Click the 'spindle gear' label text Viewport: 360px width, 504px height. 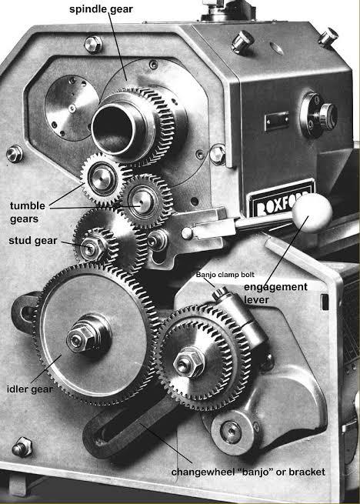[101, 9]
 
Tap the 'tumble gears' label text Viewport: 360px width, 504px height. [28, 212]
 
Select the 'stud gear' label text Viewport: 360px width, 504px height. [33, 240]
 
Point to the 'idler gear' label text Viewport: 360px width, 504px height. [30, 389]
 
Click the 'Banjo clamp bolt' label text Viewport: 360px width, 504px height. [225, 275]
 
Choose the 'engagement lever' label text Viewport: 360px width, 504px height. [275, 293]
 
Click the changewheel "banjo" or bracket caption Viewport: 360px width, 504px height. [248, 472]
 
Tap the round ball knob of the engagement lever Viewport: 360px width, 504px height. [312, 213]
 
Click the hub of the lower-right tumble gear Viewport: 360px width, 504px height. [142, 201]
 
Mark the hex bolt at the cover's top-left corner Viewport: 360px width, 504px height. [93, 45]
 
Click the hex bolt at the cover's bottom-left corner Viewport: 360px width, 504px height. [22, 447]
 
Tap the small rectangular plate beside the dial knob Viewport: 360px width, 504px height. [276, 122]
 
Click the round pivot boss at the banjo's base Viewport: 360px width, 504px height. [232, 432]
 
